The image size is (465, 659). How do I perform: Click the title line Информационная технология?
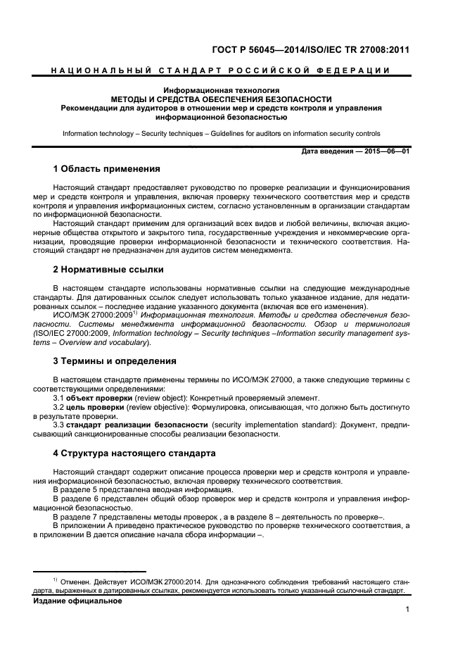click(x=221, y=91)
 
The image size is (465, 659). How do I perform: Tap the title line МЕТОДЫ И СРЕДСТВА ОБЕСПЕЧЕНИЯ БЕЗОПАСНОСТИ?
click(x=221, y=99)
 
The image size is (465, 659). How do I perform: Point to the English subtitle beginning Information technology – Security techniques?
click(x=221, y=133)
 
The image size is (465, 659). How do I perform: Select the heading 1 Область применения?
click(x=107, y=169)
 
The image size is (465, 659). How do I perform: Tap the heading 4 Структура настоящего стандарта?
click(x=134, y=453)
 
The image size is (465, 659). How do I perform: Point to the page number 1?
click(x=407, y=611)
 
